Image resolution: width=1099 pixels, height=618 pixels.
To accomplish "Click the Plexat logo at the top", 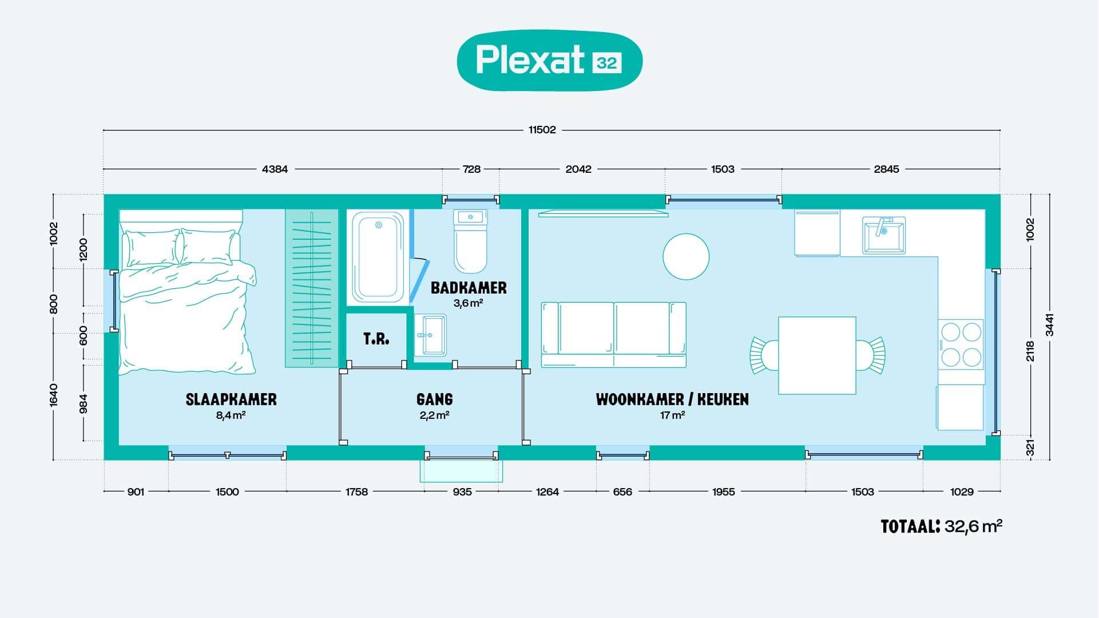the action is [x=549, y=61].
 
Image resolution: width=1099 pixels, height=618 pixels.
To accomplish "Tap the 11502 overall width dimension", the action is [x=542, y=130].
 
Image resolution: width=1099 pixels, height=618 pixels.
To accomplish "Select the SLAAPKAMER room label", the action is [x=231, y=399].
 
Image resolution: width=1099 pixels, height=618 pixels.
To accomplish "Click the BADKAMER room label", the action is [x=469, y=287].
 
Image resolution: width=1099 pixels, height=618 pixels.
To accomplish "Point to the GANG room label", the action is [x=435, y=399].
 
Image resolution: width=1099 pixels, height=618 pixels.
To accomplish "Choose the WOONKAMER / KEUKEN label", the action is [x=672, y=399].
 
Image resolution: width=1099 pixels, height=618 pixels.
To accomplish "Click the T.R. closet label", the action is [x=376, y=339].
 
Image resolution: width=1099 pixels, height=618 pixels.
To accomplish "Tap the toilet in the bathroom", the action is [x=470, y=241].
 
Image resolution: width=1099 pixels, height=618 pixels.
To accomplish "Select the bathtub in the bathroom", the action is [x=378, y=257].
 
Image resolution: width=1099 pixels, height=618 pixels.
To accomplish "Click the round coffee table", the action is [x=686, y=256].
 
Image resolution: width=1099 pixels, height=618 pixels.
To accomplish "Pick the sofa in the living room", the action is [x=613, y=335].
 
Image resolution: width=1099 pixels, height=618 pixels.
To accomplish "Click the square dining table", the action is [x=817, y=355].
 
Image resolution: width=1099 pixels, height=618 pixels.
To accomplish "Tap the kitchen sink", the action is [x=884, y=235].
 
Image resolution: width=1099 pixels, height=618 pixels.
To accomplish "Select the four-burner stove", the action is [x=961, y=344].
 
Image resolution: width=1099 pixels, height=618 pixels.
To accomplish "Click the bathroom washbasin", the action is [x=430, y=335].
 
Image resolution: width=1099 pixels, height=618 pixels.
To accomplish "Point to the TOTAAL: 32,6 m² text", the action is [x=942, y=526].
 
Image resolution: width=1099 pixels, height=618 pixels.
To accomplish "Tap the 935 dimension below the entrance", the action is [x=462, y=491].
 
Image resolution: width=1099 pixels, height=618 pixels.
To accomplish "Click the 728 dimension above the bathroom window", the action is [x=471, y=169].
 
